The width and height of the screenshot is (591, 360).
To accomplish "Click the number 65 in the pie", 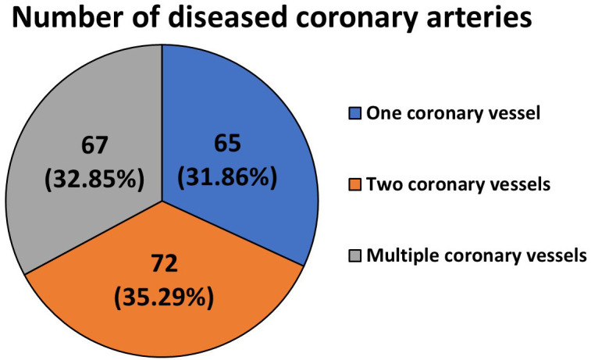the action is click(227, 144).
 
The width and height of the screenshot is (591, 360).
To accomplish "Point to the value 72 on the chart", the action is click(164, 263).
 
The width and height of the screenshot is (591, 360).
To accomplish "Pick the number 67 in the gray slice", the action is click(94, 145).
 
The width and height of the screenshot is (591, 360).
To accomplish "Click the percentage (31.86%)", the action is click(227, 176).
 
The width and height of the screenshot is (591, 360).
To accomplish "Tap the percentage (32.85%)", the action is click(94, 178).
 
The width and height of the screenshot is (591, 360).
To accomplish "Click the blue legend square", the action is click(354, 113).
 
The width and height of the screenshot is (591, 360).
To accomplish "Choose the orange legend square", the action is click(354, 184).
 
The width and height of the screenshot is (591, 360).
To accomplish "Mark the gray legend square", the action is click(354, 255).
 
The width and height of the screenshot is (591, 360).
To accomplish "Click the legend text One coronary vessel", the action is click(454, 113).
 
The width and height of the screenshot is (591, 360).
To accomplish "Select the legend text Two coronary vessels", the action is click(458, 184).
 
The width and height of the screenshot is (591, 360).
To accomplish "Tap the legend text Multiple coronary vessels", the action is click(476, 256).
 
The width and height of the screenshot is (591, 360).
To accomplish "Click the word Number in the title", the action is click(66, 17).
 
